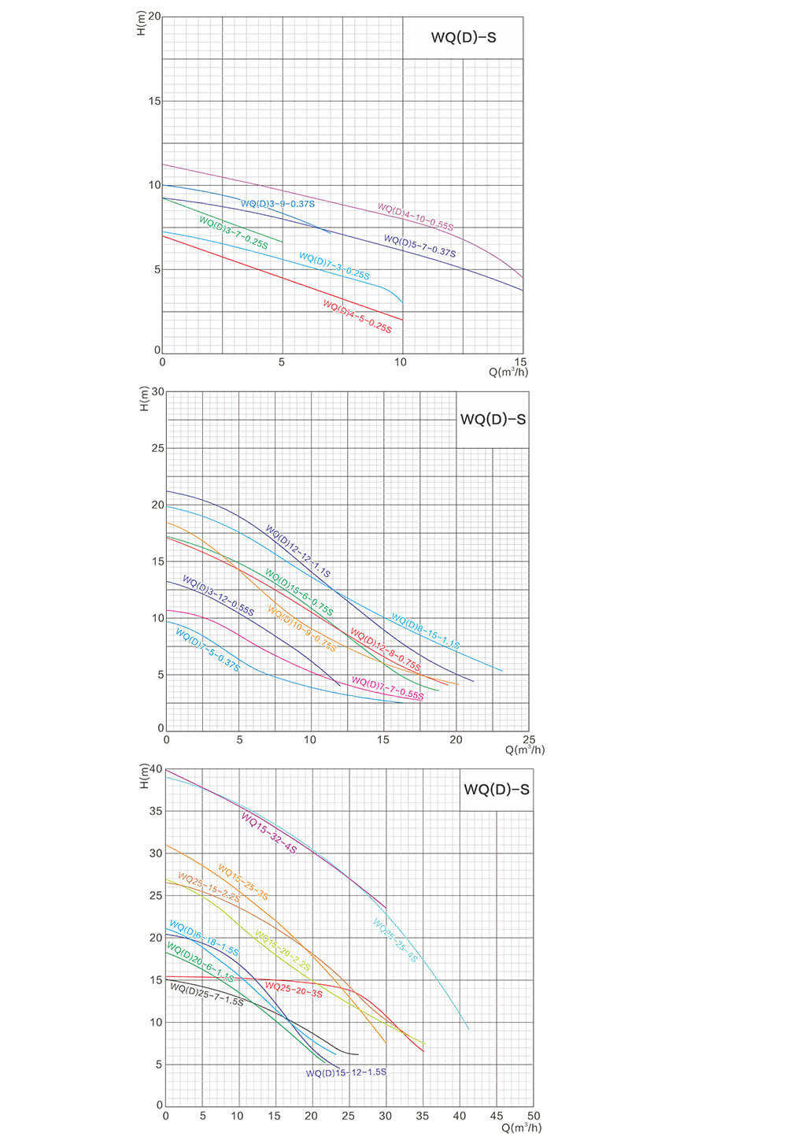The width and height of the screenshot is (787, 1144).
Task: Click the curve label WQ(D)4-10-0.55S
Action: (416, 217)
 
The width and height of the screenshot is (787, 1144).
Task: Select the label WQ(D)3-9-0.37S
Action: (278, 204)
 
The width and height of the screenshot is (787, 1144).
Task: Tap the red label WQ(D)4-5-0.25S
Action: (357, 317)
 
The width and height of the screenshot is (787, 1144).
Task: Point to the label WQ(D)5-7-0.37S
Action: (419, 246)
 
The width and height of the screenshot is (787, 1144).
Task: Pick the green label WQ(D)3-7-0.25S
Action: (234, 233)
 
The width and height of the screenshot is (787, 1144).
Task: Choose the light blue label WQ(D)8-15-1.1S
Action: (426, 631)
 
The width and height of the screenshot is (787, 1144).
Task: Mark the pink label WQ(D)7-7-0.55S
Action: (387, 688)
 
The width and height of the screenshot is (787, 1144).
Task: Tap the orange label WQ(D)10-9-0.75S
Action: (301, 629)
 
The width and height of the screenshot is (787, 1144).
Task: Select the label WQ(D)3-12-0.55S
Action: (218, 595)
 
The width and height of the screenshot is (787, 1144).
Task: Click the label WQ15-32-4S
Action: (269, 834)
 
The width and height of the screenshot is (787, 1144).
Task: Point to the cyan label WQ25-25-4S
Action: (395, 940)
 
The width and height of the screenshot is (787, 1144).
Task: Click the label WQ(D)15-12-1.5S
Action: (346, 1072)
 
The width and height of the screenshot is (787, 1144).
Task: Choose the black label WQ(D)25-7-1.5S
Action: (207, 995)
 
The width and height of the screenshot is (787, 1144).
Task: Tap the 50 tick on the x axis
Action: (534, 1116)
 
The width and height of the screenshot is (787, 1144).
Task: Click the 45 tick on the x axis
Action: (497, 1116)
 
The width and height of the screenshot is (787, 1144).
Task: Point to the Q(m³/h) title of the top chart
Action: (508, 372)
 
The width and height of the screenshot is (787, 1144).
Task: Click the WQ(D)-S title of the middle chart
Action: (493, 420)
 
